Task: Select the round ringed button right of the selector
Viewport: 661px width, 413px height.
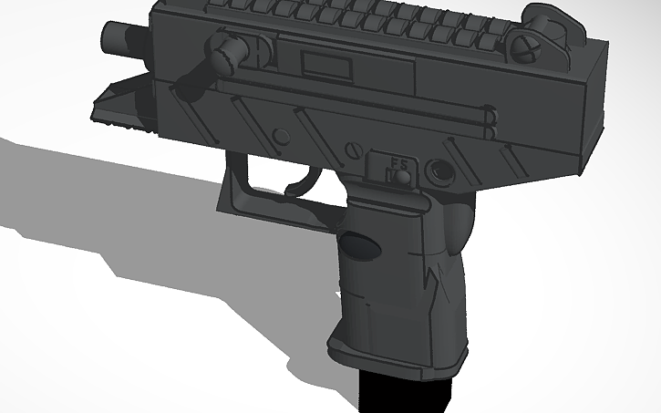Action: [441, 170]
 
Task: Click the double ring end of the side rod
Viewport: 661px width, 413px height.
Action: [490, 118]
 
